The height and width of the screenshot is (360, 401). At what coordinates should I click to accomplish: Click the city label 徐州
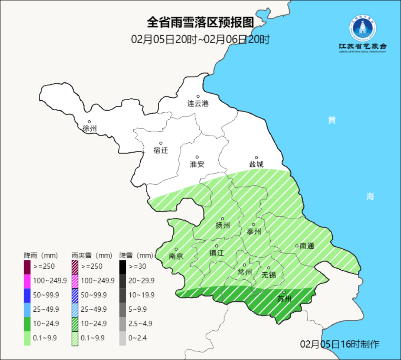[x=90, y=129]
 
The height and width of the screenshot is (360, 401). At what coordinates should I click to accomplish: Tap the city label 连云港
[x=198, y=104]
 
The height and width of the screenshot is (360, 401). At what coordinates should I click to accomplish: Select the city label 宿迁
[x=161, y=150]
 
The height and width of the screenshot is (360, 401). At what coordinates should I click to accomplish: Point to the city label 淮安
[x=197, y=164]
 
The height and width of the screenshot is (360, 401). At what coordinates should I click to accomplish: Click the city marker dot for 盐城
[x=256, y=158]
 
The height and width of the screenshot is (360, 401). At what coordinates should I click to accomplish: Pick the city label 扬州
[x=223, y=225]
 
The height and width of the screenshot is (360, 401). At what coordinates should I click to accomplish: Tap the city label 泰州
[x=254, y=231]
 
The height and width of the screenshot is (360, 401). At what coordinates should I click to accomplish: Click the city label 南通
[x=307, y=246]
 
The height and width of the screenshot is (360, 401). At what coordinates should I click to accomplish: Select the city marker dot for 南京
[x=176, y=249]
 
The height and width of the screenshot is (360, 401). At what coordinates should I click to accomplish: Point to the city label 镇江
[x=216, y=253]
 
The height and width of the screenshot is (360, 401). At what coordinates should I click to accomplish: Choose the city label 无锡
[x=268, y=275]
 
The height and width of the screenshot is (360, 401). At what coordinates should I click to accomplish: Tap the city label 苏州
[x=284, y=299]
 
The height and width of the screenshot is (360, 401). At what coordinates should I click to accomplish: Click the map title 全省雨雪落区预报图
[x=200, y=23]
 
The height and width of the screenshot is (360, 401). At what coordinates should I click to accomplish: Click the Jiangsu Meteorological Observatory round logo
[x=362, y=29]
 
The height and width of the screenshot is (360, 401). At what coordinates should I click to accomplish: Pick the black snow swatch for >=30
[x=123, y=267]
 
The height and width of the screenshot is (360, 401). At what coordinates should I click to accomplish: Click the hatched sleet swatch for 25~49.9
[x=75, y=309]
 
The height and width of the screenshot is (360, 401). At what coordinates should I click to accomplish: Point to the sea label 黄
[x=332, y=120]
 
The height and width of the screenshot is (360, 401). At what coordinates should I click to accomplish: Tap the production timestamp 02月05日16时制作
[x=340, y=344]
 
